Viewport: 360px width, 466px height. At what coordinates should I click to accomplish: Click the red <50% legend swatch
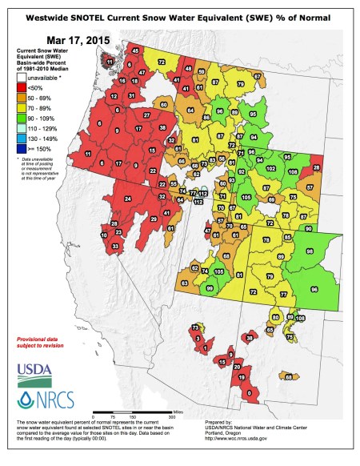(25, 88)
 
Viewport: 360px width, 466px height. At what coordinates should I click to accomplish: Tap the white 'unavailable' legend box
(25, 78)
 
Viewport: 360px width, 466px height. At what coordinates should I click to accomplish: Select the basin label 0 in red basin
(250, 393)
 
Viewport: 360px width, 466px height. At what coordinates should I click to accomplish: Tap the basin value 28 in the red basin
(317, 167)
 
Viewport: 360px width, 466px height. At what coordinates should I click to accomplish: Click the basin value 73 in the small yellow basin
(195, 328)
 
